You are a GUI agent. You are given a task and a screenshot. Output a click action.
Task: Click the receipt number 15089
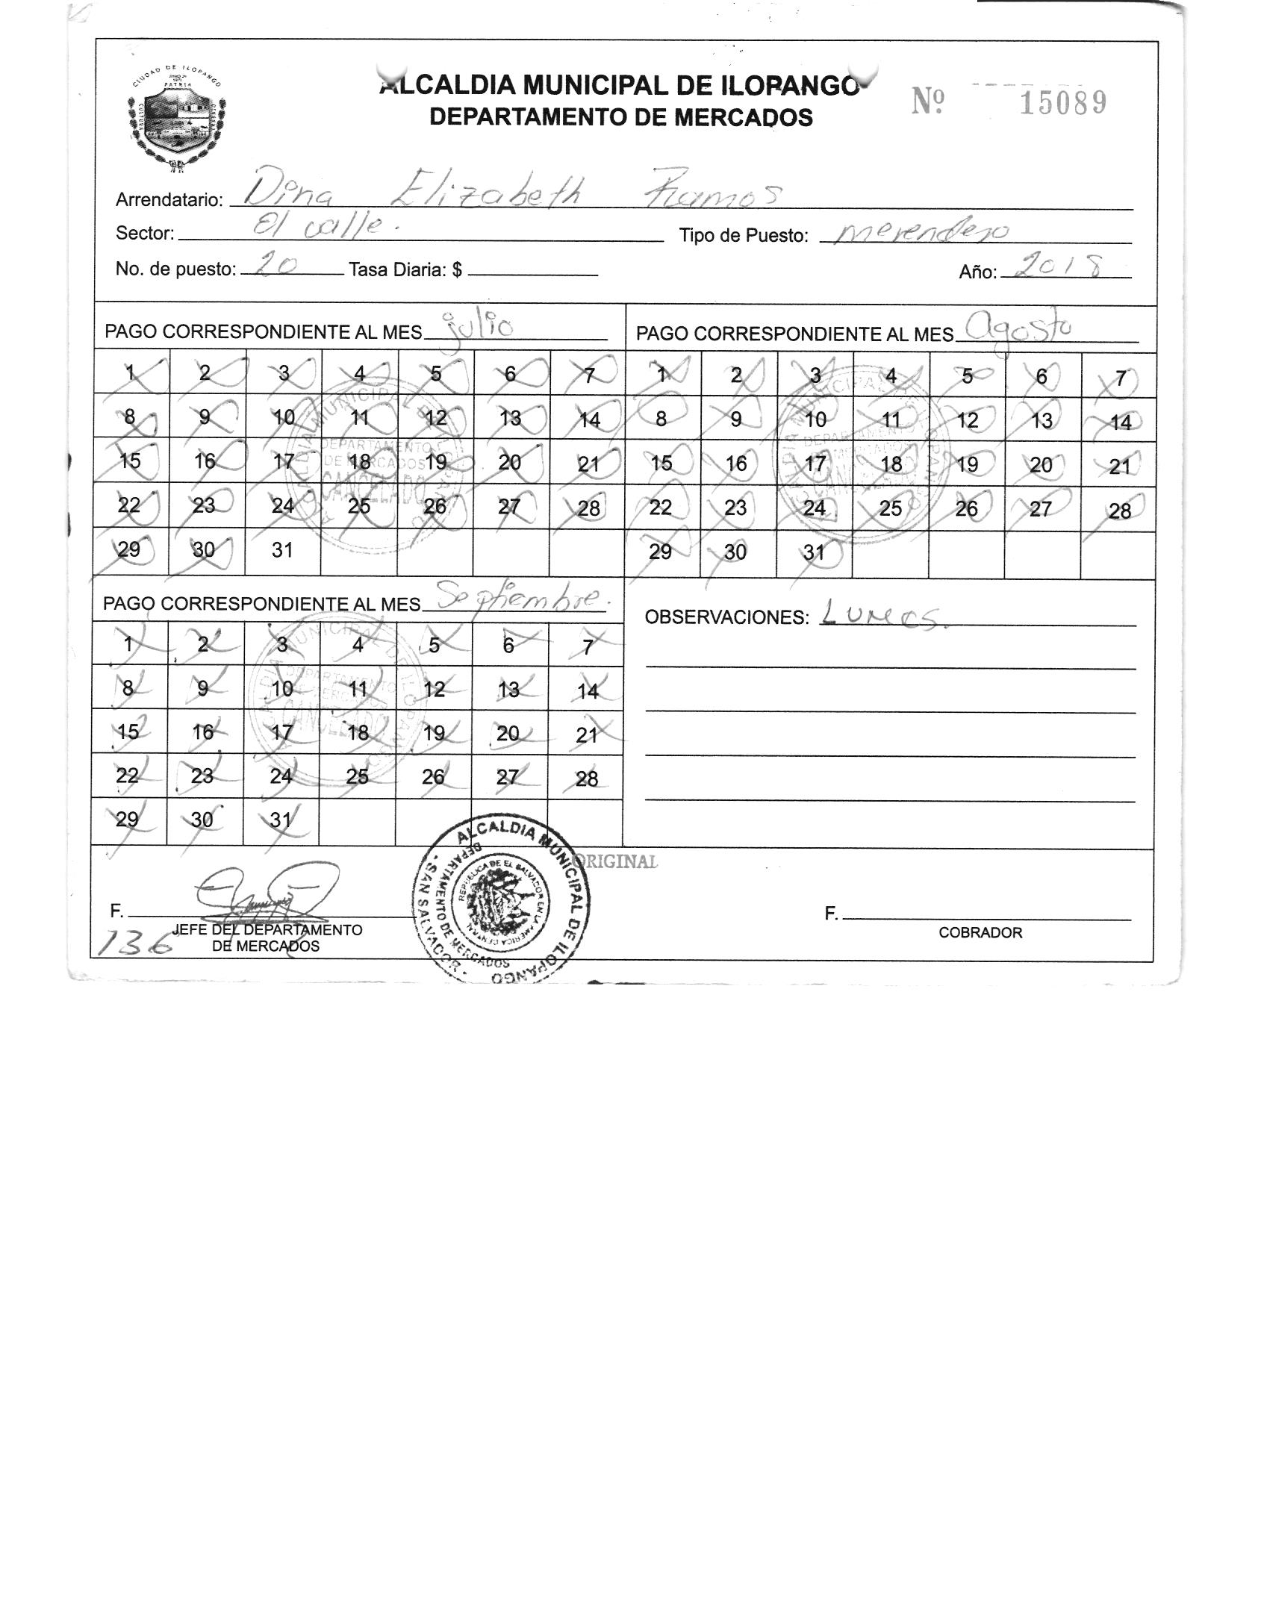[1062, 104]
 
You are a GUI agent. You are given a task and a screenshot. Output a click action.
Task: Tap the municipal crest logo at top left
[178, 120]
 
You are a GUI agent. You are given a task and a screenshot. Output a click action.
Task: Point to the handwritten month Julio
[477, 326]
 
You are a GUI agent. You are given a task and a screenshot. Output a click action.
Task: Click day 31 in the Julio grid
[281, 550]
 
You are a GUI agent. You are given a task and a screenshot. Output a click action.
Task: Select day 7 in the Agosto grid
[1120, 379]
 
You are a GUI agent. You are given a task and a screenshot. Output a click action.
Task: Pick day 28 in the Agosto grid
[1120, 511]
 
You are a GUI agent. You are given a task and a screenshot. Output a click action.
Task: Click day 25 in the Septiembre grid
[358, 776]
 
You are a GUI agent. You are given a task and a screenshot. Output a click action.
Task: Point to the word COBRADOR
[980, 932]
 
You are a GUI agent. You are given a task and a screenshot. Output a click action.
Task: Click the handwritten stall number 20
[275, 266]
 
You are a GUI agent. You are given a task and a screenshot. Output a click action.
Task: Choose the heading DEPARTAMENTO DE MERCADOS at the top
[620, 117]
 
